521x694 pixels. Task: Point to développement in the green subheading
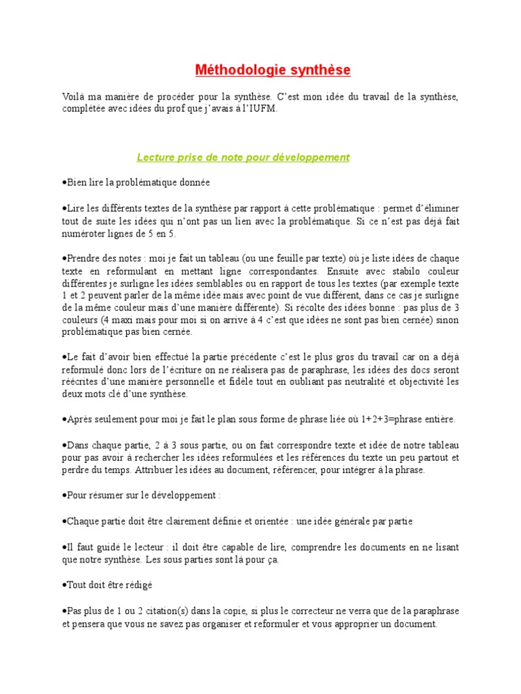point(311,158)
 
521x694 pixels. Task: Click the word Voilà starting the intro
point(75,98)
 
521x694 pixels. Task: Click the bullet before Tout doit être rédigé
point(64,584)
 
